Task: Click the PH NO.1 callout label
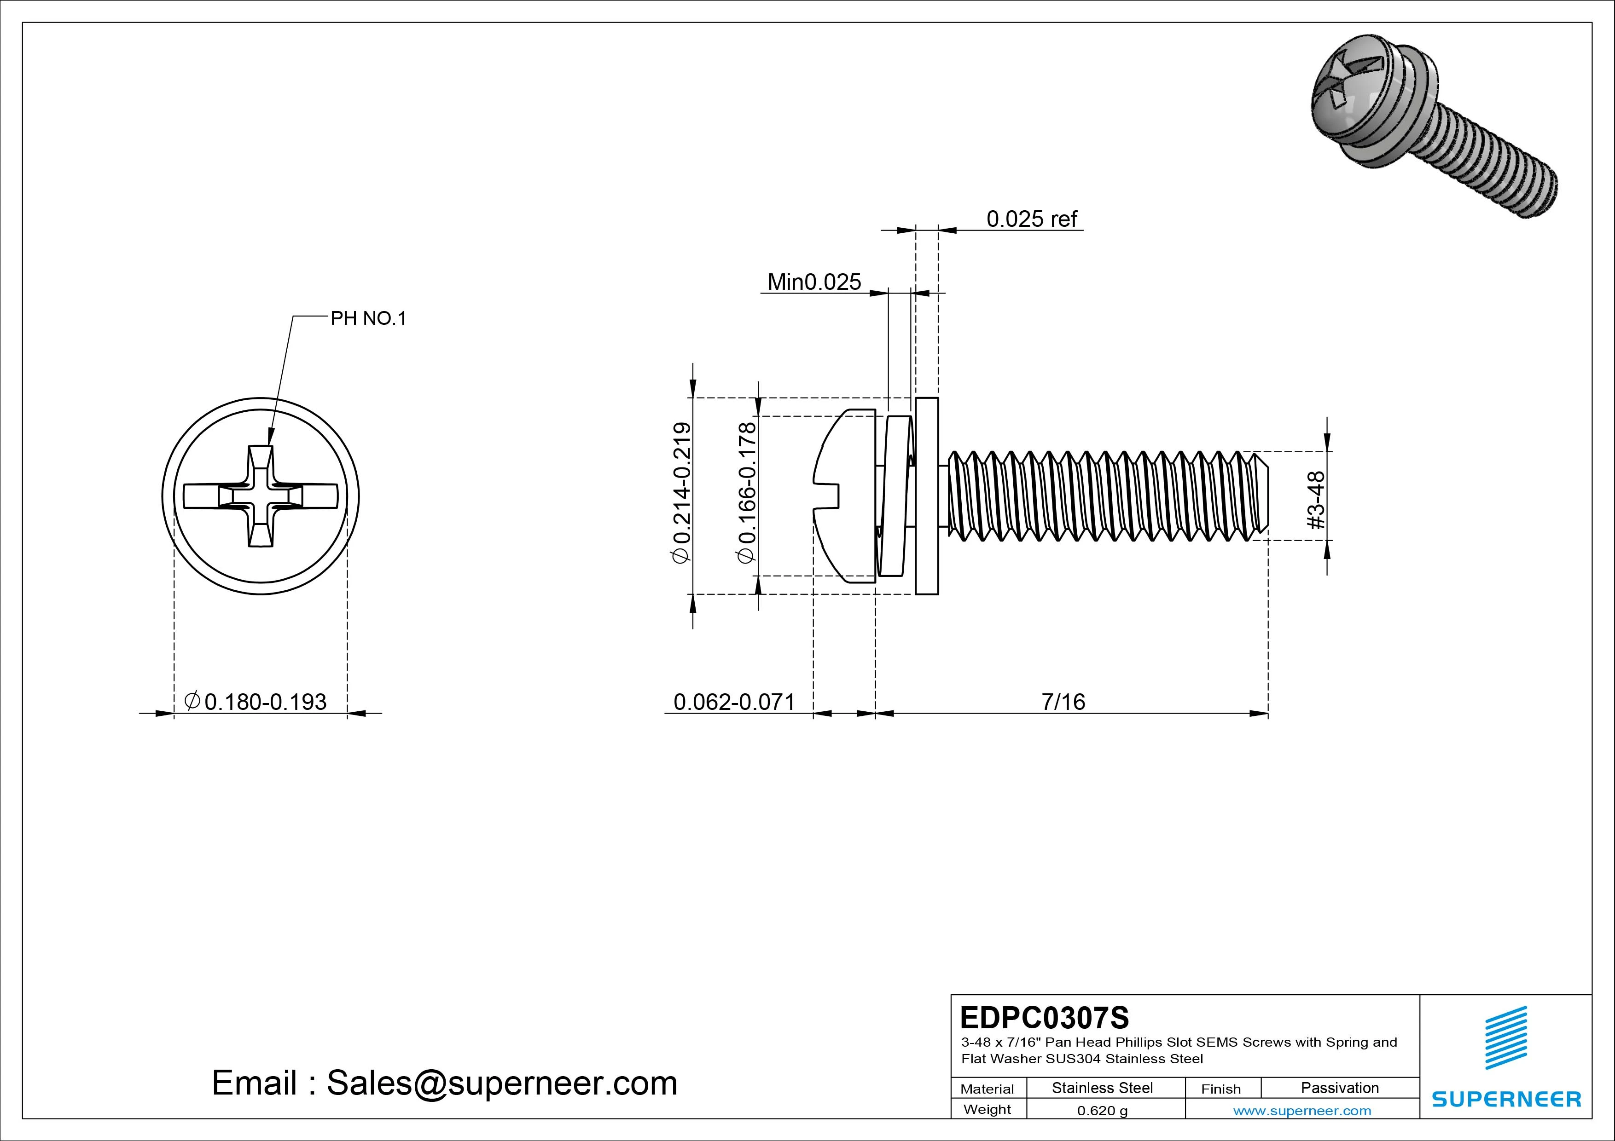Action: click(369, 318)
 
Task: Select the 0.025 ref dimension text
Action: click(1031, 219)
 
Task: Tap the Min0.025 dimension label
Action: click(814, 282)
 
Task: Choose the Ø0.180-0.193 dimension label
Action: click(256, 702)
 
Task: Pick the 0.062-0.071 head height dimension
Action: click(734, 702)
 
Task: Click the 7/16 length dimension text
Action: click(1063, 702)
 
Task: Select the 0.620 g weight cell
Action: click(1102, 1111)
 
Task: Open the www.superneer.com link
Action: click(1302, 1111)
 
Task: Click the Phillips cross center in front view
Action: click(261, 496)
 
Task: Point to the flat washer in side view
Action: click(927, 496)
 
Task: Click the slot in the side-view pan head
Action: click(829, 496)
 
